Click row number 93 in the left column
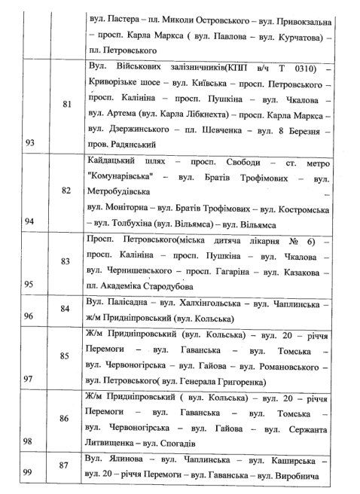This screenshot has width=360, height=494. point(14,142)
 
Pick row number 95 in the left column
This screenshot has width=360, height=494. point(14,286)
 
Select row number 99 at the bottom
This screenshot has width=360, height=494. point(14,472)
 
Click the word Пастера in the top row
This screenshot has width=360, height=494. point(123,17)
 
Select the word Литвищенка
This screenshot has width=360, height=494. point(114,444)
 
